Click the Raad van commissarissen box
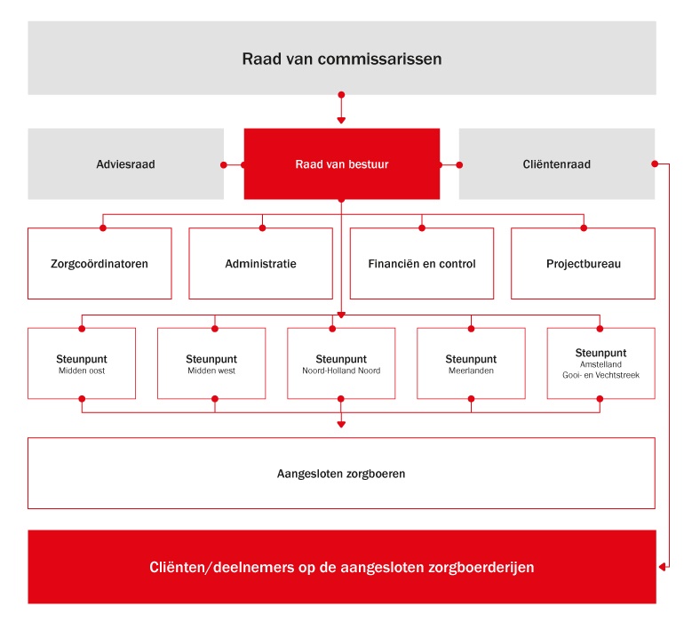click(342, 58)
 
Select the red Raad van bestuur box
click(342, 164)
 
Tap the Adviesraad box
click(125, 164)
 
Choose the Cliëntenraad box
click(557, 164)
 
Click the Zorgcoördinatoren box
click(99, 264)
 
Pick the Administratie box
click(261, 264)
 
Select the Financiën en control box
click(422, 264)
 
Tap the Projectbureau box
click(584, 264)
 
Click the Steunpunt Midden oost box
click(82, 363)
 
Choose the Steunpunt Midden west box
click(211, 363)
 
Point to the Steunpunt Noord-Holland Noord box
click(341, 363)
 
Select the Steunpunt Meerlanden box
click(471, 363)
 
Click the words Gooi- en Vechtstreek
click(600, 375)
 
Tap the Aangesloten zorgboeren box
click(342, 473)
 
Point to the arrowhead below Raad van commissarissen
click(342, 121)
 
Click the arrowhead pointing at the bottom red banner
click(662, 567)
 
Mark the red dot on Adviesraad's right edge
click(224, 165)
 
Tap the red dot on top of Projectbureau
click(584, 227)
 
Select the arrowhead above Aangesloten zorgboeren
click(342, 424)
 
